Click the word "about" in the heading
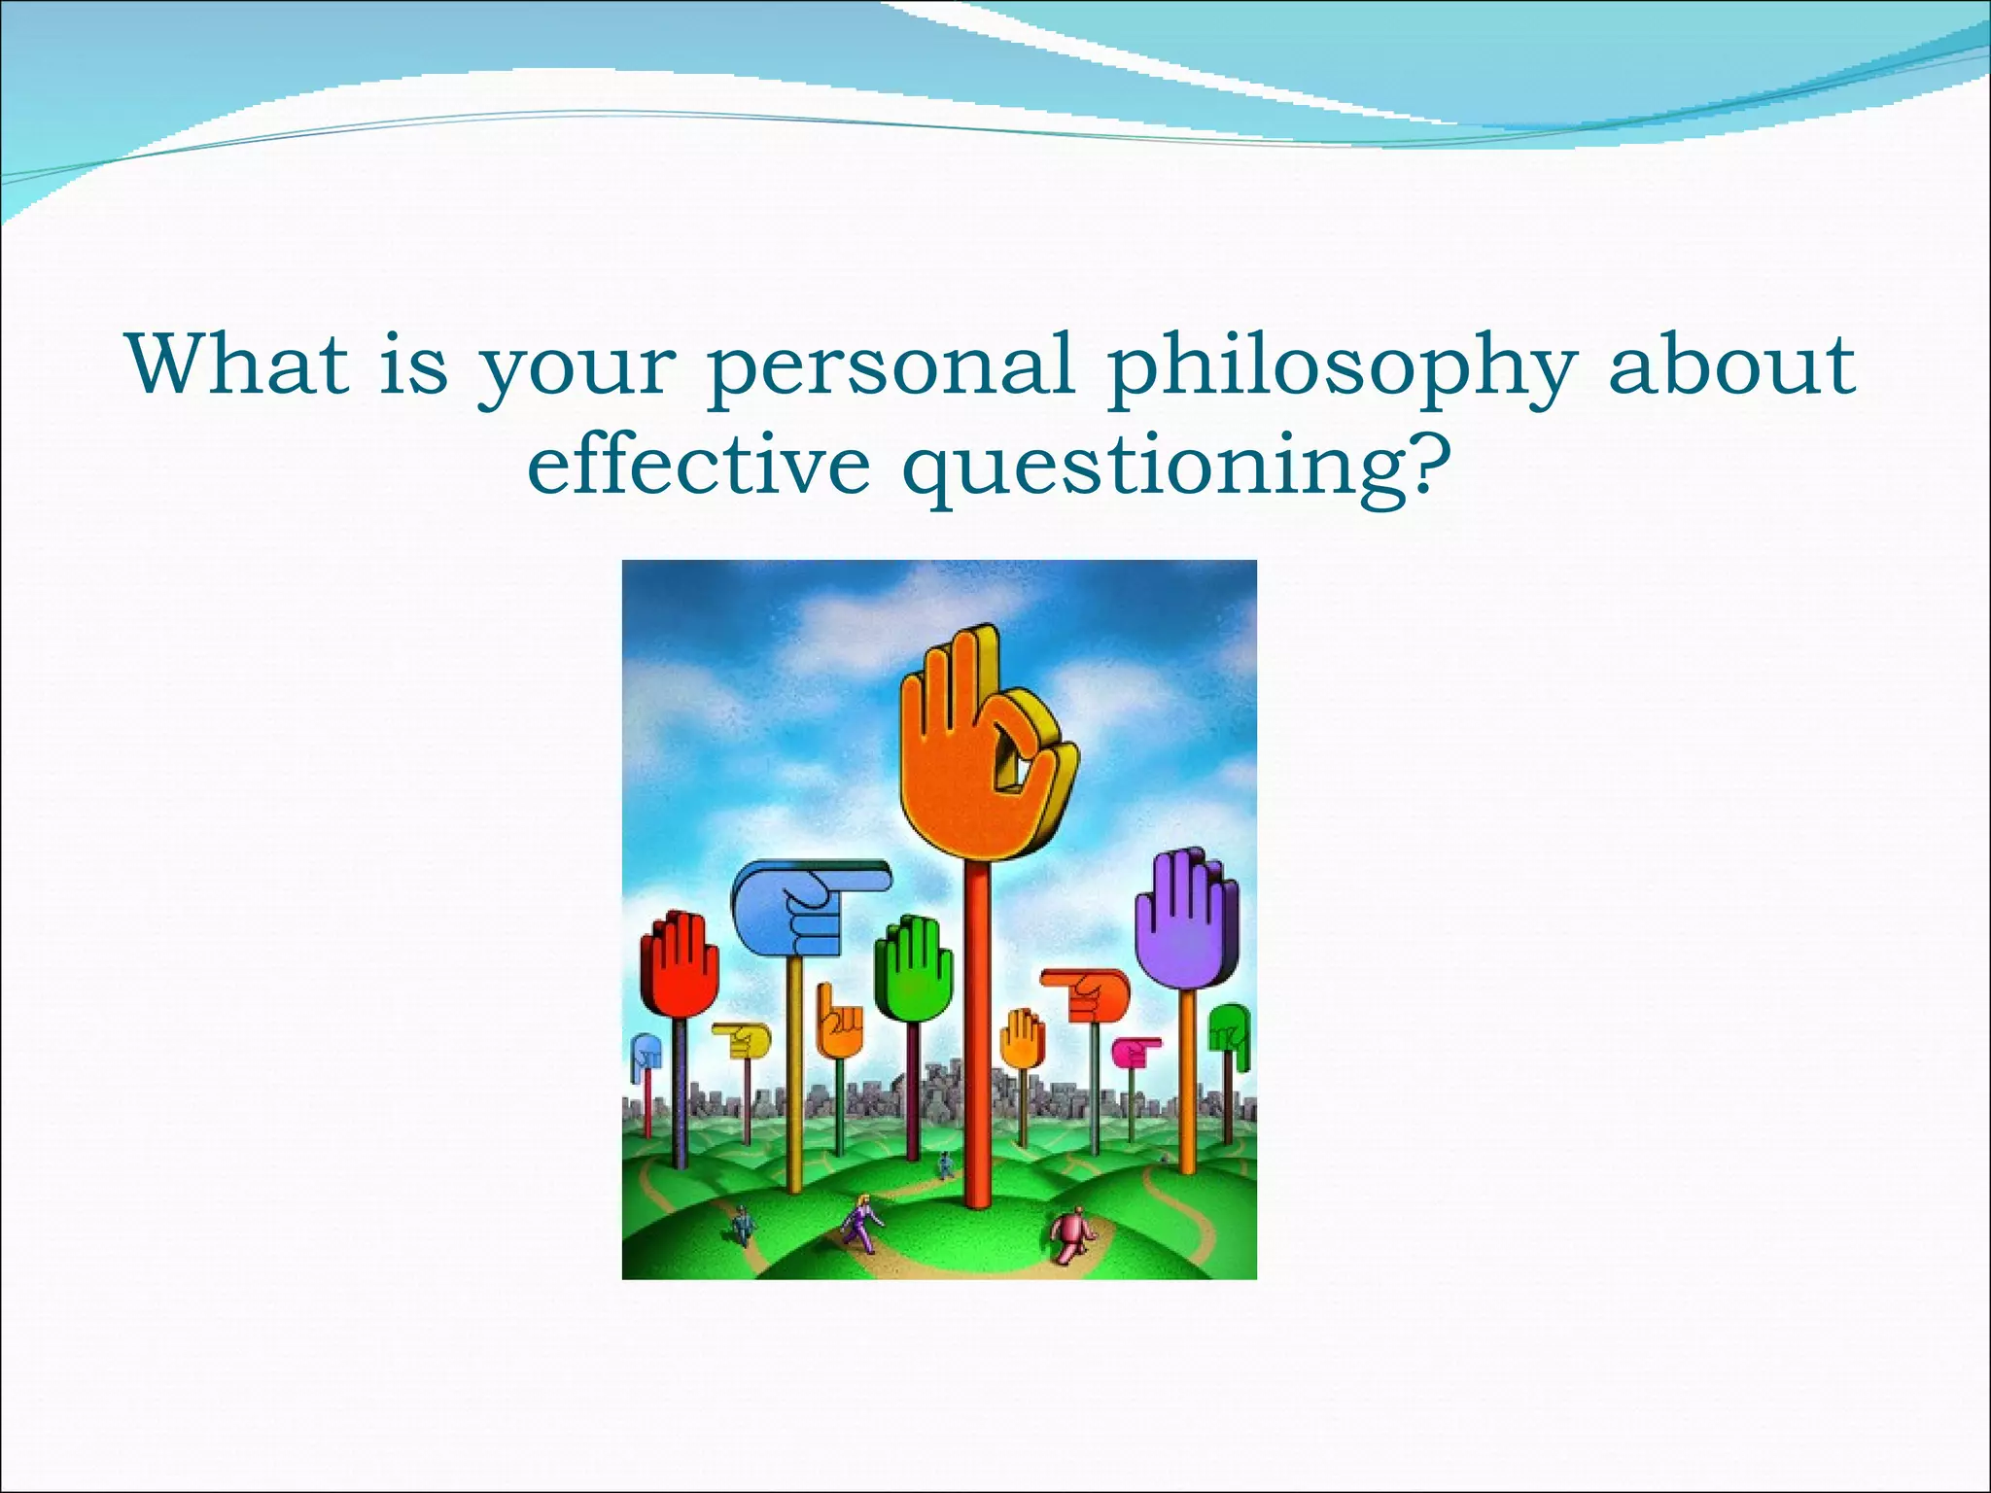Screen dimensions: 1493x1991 click(1732, 365)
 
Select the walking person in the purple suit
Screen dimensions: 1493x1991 click(860, 1223)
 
